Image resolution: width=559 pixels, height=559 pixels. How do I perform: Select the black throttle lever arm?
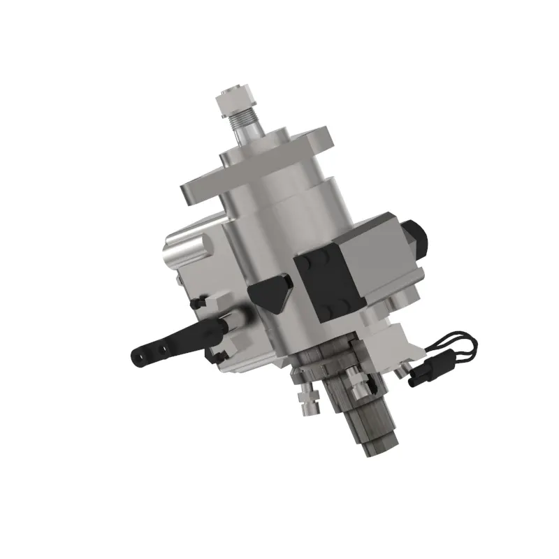[x=175, y=342]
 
